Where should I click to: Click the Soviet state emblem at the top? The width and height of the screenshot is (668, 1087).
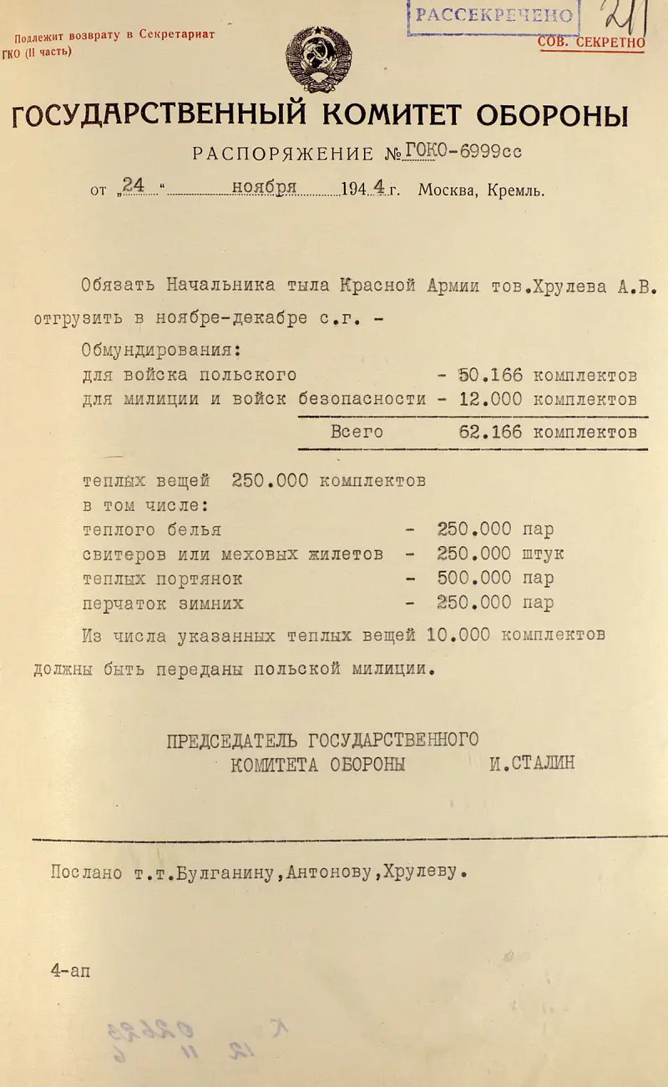tap(318, 58)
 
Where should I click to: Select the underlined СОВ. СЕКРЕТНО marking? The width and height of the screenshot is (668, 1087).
tap(591, 42)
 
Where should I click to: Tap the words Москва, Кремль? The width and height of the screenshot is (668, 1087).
tap(481, 190)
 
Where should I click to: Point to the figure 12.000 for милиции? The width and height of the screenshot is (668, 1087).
tap(491, 399)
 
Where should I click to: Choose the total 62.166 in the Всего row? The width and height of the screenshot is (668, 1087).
tap(491, 432)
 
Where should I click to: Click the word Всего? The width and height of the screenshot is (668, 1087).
tap(357, 432)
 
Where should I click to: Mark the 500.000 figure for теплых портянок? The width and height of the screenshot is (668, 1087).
tap(472, 578)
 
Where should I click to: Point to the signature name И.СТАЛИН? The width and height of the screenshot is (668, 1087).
tap(532, 763)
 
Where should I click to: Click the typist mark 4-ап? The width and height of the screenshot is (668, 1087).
tap(68, 971)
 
